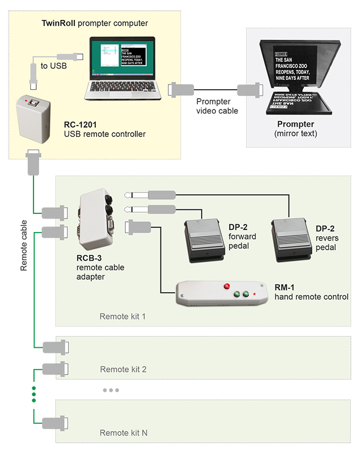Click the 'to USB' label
pyautogui.click(x=53, y=66)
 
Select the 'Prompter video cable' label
pyautogui.click(x=217, y=106)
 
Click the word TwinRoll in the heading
pyautogui.click(x=58, y=23)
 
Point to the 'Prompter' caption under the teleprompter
pyautogui.click(x=296, y=125)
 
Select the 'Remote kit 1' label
pyautogui.click(x=122, y=316)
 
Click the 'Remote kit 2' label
pyautogui.click(x=123, y=369)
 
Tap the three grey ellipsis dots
pyautogui.click(x=111, y=390)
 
